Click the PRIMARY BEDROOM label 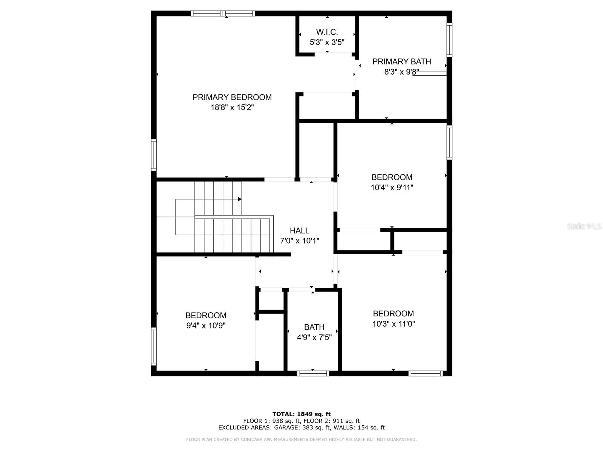click(232, 97)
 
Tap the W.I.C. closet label click(327, 32)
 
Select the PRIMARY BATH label click(401, 61)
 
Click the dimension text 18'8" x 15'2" click(232, 108)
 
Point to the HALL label click(299, 231)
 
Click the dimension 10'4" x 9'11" click(392, 188)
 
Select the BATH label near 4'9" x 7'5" click(314, 327)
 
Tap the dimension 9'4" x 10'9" click(206, 325)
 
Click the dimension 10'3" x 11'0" click(393, 324)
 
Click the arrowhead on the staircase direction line click(240, 199)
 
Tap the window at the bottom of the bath click(313, 373)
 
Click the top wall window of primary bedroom click(223, 14)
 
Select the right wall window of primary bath click(449, 40)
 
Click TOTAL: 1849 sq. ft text click(301, 414)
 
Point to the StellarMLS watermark click(584, 226)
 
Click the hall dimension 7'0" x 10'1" click(299, 241)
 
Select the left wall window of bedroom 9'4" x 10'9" click(154, 346)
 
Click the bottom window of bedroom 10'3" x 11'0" click(425, 373)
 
